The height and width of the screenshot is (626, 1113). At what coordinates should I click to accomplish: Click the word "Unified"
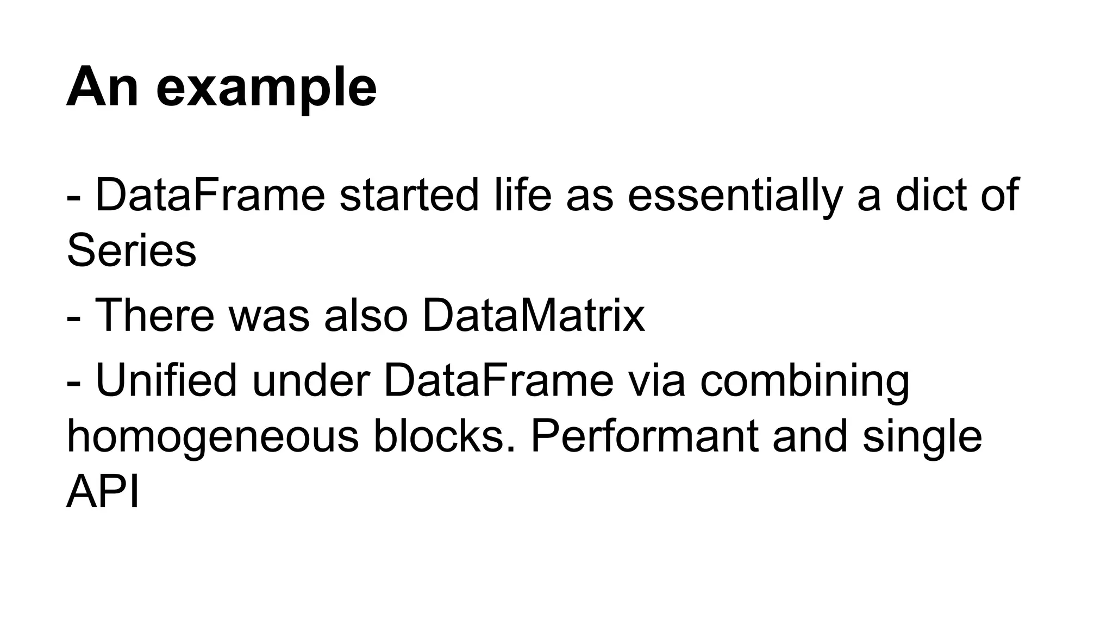tap(166, 380)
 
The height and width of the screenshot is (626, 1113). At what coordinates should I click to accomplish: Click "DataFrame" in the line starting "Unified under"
tap(498, 380)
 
